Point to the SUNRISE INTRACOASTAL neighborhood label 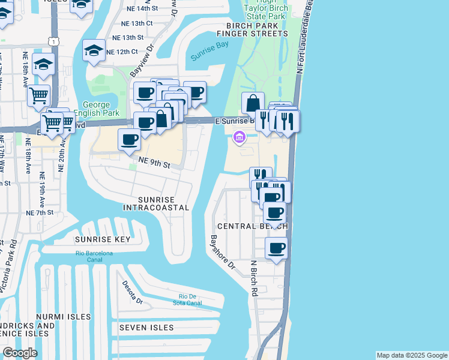click(x=156, y=203)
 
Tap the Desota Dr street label click(x=131, y=292)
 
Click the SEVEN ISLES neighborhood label click(x=146, y=328)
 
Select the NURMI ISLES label click(x=64, y=316)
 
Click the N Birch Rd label click(x=254, y=278)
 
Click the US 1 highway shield click(x=54, y=41)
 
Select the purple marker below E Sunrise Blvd click(x=239, y=139)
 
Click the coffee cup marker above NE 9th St click(x=129, y=140)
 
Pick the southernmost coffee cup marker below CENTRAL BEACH click(x=276, y=248)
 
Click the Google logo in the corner click(x=20, y=353)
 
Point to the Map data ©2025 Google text click(x=411, y=355)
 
